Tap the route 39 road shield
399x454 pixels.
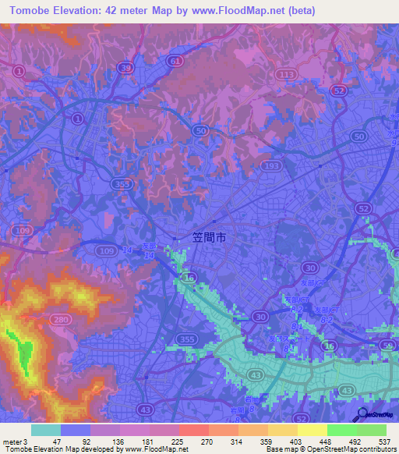coord(125,69)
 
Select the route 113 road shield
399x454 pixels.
coord(287,74)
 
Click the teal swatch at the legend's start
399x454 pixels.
coord(45,430)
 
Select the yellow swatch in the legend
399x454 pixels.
coord(312,430)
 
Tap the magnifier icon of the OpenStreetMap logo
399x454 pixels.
coord(362,415)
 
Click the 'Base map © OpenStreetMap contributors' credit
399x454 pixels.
coord(330,449)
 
